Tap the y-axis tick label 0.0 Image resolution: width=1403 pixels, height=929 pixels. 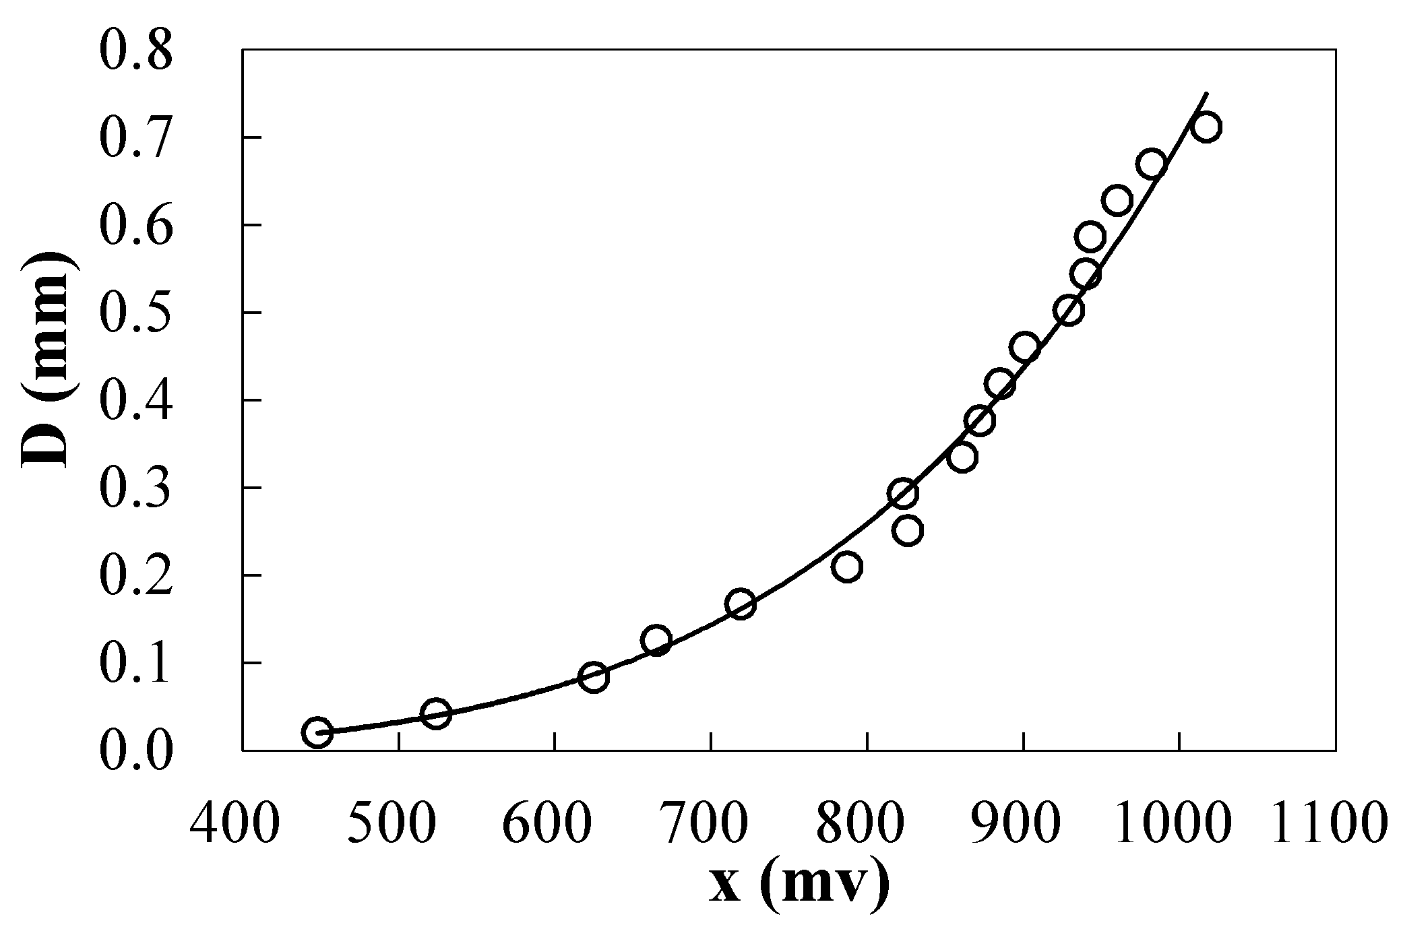click(135, 751)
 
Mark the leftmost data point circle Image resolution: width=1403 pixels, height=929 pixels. click(317, 732)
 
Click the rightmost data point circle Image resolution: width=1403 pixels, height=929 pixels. click(1206, 127)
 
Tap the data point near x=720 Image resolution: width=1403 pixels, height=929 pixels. click(741, 604)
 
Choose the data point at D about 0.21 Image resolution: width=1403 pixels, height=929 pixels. click(847, 567)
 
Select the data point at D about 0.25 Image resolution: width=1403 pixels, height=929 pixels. click(908, 531)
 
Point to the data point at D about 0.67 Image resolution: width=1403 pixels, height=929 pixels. click(1152, 164)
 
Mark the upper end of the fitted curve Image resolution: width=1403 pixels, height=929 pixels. click(1206, 94)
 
